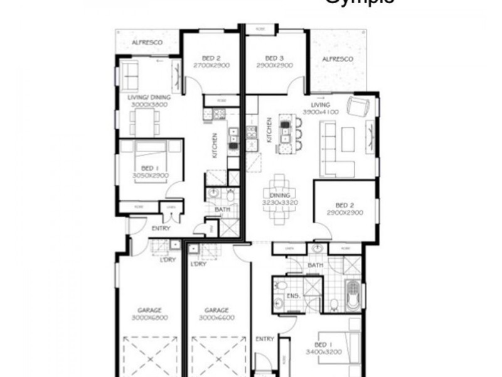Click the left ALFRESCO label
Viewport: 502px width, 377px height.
[147, 42]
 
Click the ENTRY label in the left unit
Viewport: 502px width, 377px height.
[161, 228]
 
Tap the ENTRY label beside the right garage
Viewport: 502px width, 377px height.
[265, 339]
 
